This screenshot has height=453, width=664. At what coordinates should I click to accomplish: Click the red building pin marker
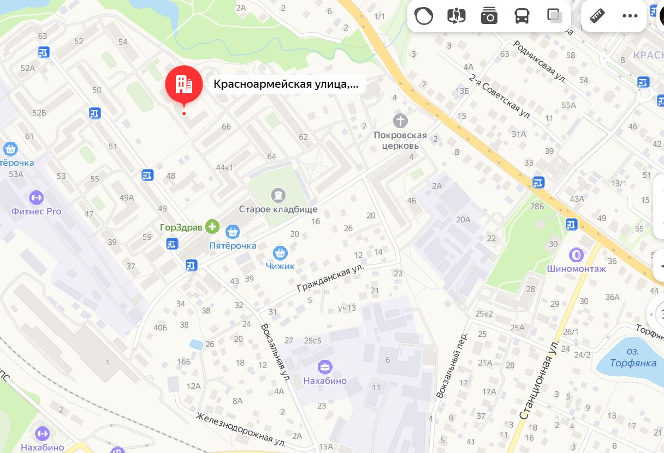coord(183,84)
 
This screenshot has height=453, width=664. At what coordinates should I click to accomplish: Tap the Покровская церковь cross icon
coord(401,120)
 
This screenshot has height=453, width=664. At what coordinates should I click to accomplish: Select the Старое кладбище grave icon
coord(278,195)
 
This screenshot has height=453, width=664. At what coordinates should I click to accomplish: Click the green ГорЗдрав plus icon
coord(212,227)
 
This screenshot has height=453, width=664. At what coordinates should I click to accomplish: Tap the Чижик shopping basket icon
coord(280,252)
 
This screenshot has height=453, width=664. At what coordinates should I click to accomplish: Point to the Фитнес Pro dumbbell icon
coord(36,197)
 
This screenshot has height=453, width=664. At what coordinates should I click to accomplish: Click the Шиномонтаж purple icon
coord(576,255)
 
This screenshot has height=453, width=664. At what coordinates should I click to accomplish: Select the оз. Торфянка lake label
coord(633,358)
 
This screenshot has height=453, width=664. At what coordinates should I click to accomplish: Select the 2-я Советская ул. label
coord(499,95)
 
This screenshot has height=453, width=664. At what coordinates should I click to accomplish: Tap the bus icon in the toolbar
coord(521,16)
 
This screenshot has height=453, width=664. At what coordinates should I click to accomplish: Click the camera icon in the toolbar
coord(489,16)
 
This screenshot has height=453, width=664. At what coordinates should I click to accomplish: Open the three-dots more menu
coord(630,16)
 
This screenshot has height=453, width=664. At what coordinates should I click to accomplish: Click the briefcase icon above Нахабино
coord(325,366)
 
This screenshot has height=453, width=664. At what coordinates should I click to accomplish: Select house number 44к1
coord(224,167)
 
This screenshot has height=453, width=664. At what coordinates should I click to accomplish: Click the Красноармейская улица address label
coord(287,84)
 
